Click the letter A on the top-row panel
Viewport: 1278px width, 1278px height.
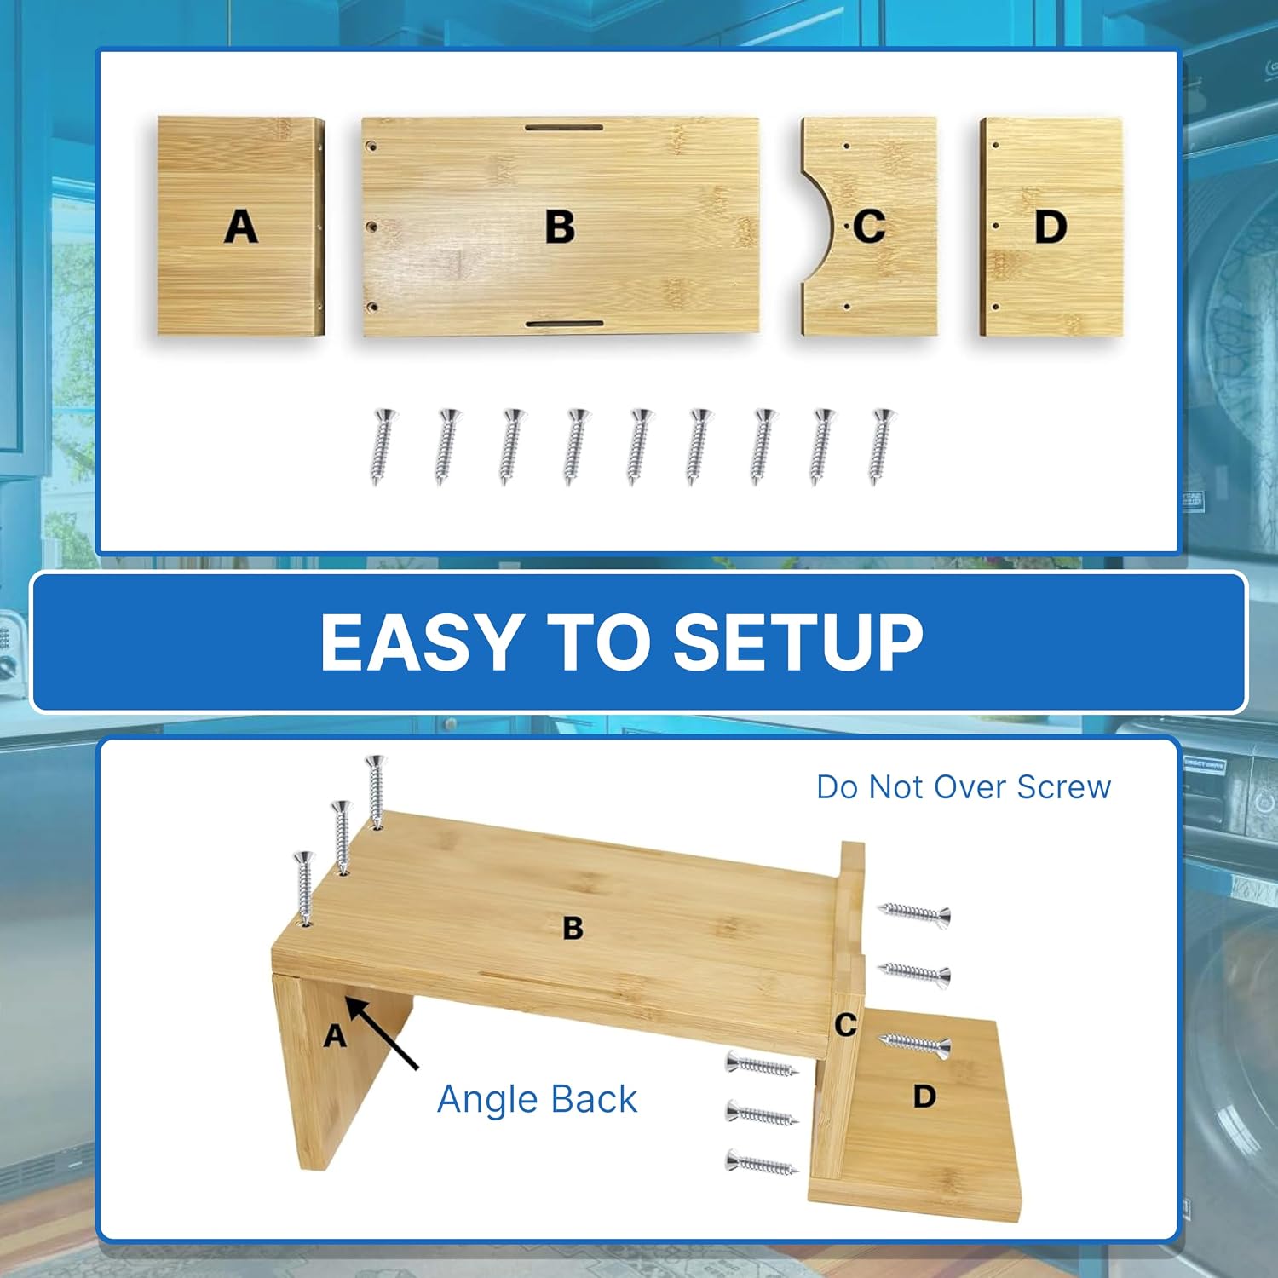[x=241, y=227]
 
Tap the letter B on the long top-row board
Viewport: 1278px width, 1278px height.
[x=560, y=227]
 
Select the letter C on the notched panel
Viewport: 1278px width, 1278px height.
[x=869, y=227]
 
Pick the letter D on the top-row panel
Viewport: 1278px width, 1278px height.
[x=1051, y=227]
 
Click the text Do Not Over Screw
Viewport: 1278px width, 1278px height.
[x=964, y=787]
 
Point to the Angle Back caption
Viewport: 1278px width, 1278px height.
[x=537, y=1099]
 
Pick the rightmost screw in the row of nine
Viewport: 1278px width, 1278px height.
[x=881, y=446]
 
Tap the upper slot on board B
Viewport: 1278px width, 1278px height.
[x=564, y=128]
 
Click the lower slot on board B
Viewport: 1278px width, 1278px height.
[x=564, y=324]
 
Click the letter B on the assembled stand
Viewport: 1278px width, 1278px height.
[x=573, y=928]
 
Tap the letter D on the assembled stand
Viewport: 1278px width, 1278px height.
[x=924, y=1096]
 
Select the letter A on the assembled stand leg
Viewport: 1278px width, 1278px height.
[x=335, y=1036]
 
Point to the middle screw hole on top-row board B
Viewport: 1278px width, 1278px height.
[x=371, y=227]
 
